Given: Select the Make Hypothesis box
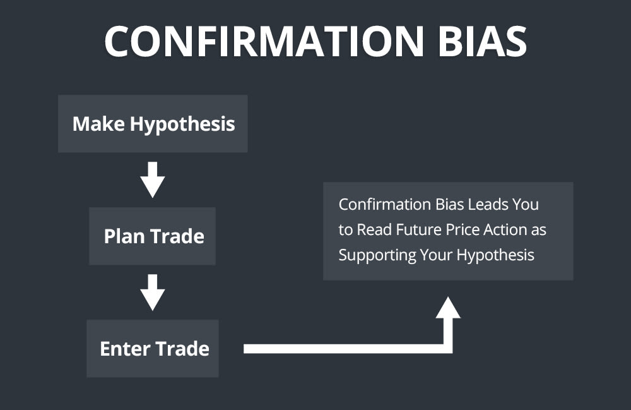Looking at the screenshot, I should [153, 124].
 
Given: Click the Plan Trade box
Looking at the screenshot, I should [153, 236].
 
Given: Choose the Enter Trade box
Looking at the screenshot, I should [153, 349].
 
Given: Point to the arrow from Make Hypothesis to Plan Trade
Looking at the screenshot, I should [153, 179].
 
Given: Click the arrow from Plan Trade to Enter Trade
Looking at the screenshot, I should [153, 291].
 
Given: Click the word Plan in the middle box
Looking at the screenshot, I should [124, 236].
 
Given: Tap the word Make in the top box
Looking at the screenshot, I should [98, 124].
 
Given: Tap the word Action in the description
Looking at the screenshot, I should [510, 230].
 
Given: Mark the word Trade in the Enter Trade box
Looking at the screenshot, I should [182, 349].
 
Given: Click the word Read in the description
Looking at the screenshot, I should [374, 230].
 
